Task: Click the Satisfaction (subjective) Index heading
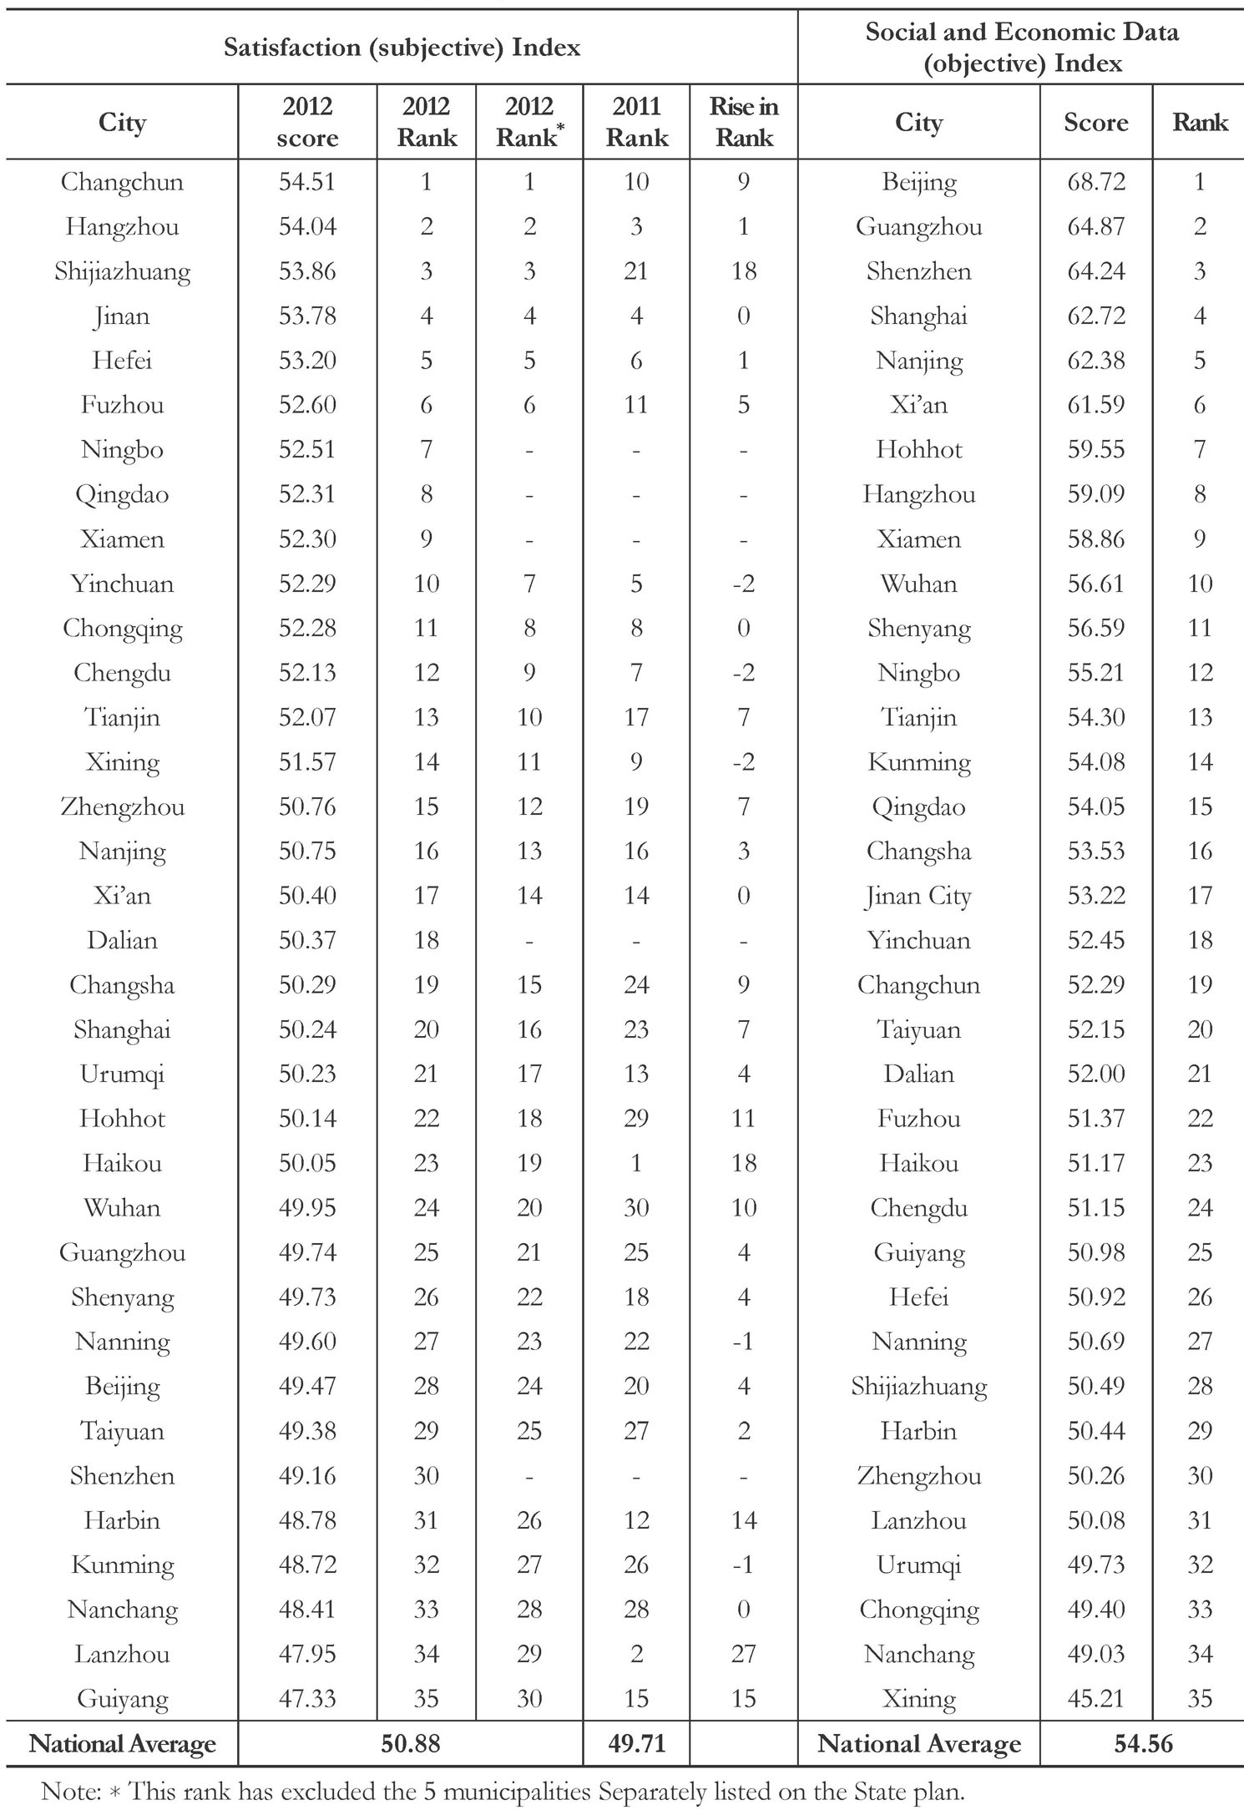[402, 48]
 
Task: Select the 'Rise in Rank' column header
[743, 122]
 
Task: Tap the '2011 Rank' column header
[636, 122]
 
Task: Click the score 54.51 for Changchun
[307, 182]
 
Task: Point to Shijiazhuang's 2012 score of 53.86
[307, 271]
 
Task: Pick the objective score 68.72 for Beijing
[1095, 182]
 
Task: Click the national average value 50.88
[410, 1744]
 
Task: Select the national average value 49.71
[636, 1744]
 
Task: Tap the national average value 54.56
[1143, 1744]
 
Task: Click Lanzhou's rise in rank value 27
[743, 1654]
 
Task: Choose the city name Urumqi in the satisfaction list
[122, 1074]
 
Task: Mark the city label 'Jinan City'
[918, 896]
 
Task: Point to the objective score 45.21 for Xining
[1095, 1699]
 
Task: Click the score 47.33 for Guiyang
[307, 1699]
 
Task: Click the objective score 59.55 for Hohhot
[1095, 450]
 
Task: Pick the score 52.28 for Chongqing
[307, 629]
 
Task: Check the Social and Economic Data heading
[1022, 47]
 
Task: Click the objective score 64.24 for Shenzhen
[1095, 271]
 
